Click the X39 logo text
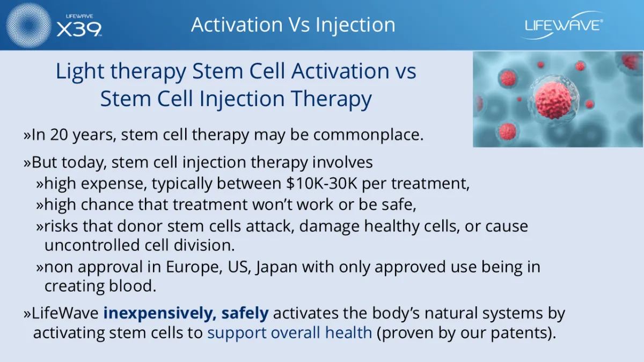pos(79,29)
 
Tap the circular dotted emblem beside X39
pos(28,25)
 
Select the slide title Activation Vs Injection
pos(293,25)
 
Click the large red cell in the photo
pos(552,100)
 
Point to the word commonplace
pos(368,135)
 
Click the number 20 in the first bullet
pos(59,135)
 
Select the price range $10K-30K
pos(321,183)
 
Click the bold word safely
pos(245,313)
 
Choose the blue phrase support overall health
pos(290,333)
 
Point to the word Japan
pos(276,267)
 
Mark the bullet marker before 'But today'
pos(27,162)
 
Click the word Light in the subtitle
pos(79,71)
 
